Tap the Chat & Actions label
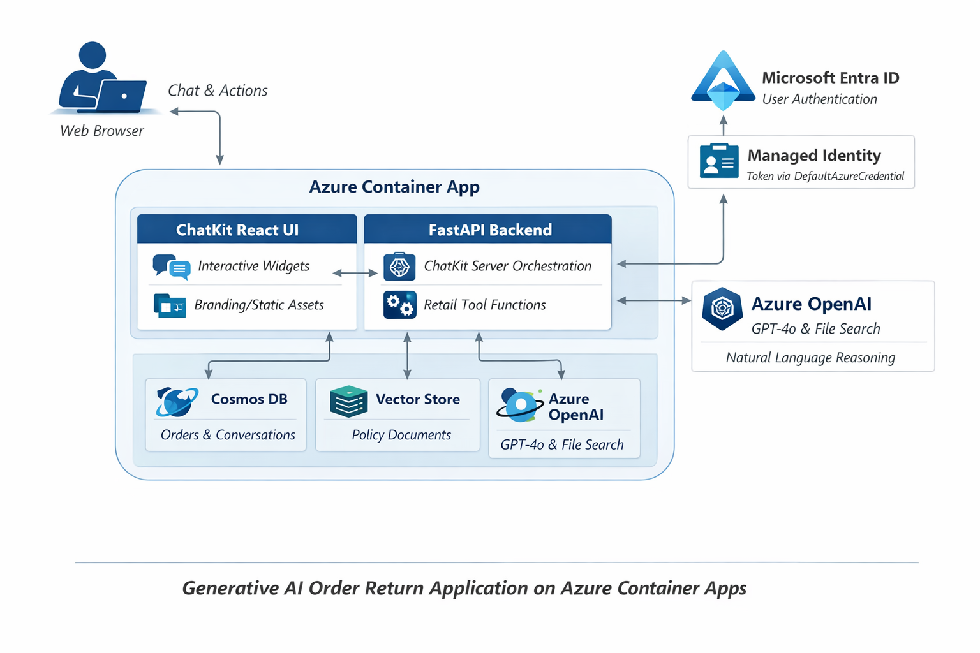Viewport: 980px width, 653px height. tap(218, 91)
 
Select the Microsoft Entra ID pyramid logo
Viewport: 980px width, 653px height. tap(723, 81)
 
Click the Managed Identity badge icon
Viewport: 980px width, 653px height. tap(719, 161)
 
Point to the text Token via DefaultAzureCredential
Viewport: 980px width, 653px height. tap(825, 176)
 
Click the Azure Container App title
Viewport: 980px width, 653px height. tap(394, 187)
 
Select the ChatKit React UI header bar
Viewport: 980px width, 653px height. tap(247, 230)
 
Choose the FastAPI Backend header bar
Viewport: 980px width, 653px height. tap(487, 230)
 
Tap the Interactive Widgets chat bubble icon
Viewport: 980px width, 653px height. tap(171, 267)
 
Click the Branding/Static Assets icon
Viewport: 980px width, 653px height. tap(170, 306)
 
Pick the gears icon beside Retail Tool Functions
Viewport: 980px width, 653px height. tap(400, 305)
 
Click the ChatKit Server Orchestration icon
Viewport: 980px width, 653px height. tap(400, 267)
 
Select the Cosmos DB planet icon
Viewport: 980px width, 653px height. tap(176, 402)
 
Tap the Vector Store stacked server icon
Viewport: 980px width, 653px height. tap(348, 402)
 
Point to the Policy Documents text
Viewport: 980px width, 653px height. tap(401, 435)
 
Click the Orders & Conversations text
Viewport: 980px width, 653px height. tap(228, 435)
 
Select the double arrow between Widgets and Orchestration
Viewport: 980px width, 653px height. tap(355, 273)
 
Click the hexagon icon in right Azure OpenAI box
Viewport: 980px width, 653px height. tap(722, 309)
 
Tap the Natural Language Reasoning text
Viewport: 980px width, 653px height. tap(810, 358)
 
